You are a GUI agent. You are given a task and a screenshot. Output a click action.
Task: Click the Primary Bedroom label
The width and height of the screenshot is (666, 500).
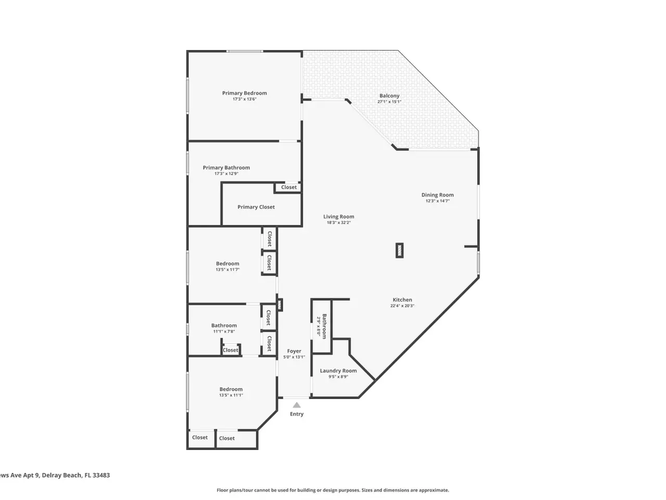point(244,93)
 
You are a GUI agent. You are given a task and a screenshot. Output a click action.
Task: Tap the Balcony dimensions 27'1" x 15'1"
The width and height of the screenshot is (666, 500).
point(389,102)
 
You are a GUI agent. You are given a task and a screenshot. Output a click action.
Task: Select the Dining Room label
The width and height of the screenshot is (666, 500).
point(437,195)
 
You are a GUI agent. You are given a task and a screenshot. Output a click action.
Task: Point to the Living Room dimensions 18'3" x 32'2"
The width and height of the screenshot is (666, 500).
point(339,222)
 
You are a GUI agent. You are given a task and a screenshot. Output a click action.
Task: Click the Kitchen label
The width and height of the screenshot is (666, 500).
point(402,299)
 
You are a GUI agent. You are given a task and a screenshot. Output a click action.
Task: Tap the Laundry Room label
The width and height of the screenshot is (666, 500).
point(338,371)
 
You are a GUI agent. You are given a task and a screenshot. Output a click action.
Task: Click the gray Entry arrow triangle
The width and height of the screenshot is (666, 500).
point(297,405)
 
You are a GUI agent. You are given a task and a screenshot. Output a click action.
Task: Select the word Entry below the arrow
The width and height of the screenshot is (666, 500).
point(297,414)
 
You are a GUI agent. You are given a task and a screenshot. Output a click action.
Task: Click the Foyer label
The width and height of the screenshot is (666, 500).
point(293,351)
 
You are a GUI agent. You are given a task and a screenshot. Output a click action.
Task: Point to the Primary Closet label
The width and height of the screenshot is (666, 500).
point(256,207)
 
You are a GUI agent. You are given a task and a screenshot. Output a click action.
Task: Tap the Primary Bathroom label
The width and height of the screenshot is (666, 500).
point(226,168)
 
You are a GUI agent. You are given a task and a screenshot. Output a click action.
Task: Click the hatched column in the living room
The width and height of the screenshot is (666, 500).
point(400,251)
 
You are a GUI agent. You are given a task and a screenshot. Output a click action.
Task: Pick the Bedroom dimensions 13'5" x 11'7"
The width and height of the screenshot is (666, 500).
point(227,270)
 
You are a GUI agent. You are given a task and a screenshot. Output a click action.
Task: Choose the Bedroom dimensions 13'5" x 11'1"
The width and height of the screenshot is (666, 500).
point(231,395)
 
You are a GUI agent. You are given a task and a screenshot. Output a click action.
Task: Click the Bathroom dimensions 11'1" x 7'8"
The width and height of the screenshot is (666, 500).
point(224,332)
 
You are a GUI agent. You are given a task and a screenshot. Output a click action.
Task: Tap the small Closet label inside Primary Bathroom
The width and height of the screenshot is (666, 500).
point(289,187)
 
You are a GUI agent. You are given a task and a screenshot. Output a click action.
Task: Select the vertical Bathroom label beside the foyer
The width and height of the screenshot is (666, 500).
point(324,327)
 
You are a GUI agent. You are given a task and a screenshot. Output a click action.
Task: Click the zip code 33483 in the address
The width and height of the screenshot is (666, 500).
point(101,476)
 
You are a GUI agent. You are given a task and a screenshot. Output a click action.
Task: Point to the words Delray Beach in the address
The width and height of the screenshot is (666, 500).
point(61,476)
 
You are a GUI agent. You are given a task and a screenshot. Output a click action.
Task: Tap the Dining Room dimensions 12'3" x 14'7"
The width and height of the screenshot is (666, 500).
point(437,201)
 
